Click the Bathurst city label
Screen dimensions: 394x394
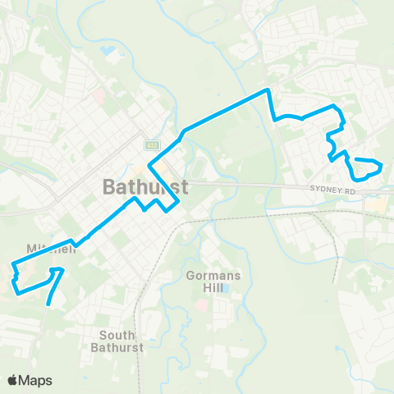click(x=146, y=186)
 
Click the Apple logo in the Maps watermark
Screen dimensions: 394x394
click(x=13, y=380)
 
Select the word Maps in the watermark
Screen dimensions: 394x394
click(x=36, y=380)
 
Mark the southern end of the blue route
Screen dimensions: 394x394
click(x=50, y=304)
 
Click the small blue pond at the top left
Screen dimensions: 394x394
click(x=108, y=52)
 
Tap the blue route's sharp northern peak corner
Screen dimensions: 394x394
click(x=268, y=89)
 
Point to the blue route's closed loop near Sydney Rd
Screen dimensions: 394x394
click(x=365, y=168)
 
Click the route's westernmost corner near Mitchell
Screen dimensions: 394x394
click(x=12, y=264)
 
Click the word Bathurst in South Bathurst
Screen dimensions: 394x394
click(x=121, y=347)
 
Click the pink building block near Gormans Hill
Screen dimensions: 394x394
click(x=201, y=305)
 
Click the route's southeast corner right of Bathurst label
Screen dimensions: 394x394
click(x=168, y=210)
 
